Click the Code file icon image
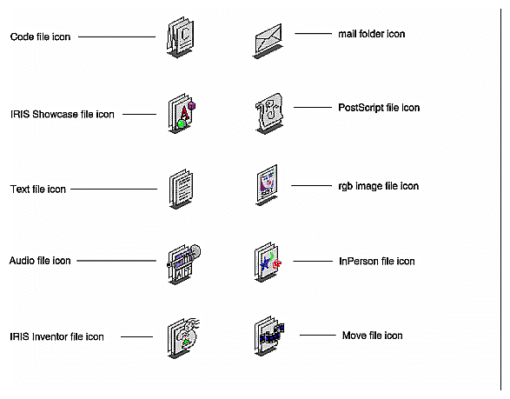pos(178,40)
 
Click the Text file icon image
pos(178,189)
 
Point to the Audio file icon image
pos(181,262)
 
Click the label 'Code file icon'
pos(40,37)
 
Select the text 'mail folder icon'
pos(371,34)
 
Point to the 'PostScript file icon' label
pos(379,108)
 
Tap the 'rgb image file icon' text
pos(378,186)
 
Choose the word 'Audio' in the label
pos(22,261)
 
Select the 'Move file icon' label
pos(371,336)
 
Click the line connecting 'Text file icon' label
pos(113,189)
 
